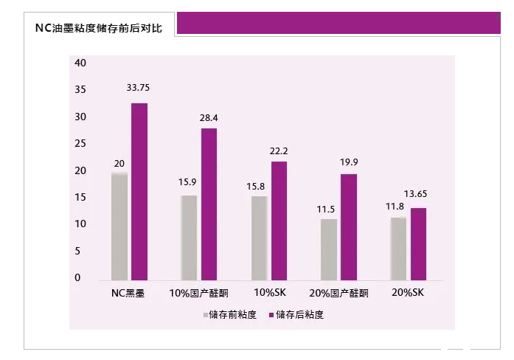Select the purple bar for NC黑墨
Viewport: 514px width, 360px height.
tap(139, 192)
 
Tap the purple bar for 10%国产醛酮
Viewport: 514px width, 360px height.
tap(209, 204)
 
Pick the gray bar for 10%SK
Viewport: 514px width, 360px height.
tap(259, 238)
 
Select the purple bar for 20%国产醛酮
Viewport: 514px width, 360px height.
tap(348, 227)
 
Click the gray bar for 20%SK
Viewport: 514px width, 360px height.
tap(398, 249)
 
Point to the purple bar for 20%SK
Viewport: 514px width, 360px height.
tap(418, 244)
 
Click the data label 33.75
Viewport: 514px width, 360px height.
tap(138, 88)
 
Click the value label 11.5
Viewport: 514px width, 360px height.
tap(327, 210)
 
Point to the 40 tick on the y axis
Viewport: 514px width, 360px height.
tap(81, 63)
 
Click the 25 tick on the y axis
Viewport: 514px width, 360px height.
tap(81, 144)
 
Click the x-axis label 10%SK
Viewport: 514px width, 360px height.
tap(269, 293)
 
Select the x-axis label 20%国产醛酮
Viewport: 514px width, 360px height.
tap(340, 293)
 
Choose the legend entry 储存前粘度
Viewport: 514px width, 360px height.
tap(230, 315)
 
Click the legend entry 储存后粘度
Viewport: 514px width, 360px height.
tap(297, 315)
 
